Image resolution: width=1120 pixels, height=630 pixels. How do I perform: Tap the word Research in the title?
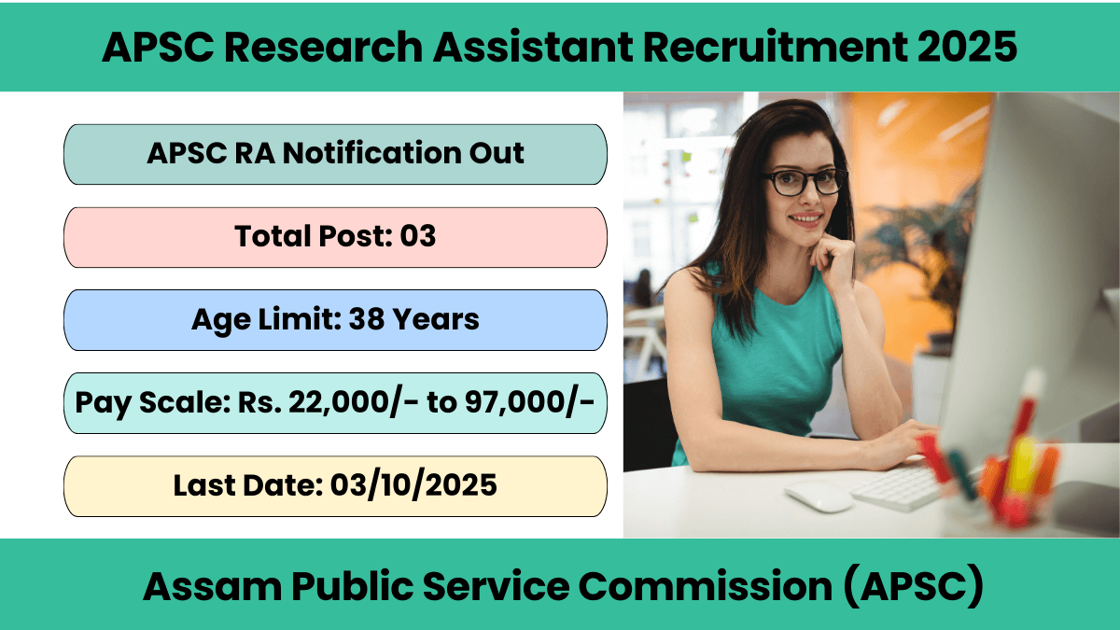coord(323,47)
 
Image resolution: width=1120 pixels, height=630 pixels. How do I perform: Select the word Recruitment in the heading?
coord(775,47)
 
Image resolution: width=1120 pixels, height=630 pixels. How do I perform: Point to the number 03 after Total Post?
coord(417,236)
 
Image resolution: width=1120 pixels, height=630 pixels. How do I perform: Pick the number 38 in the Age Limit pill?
coord(366,319)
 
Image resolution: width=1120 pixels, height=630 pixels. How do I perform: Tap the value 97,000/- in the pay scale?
coord(529,403)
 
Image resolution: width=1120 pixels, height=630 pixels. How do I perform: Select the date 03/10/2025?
coord(413,485)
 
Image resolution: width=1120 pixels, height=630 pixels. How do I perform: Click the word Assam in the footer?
coord(213,586)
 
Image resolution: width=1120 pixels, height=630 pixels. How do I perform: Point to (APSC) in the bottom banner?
coord(913,586)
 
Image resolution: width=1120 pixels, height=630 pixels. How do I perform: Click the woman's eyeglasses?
coord(804,181)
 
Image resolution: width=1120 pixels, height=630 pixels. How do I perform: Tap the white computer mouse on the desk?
coord(818,496)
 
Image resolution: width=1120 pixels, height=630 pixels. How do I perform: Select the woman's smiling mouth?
coord(805,219)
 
